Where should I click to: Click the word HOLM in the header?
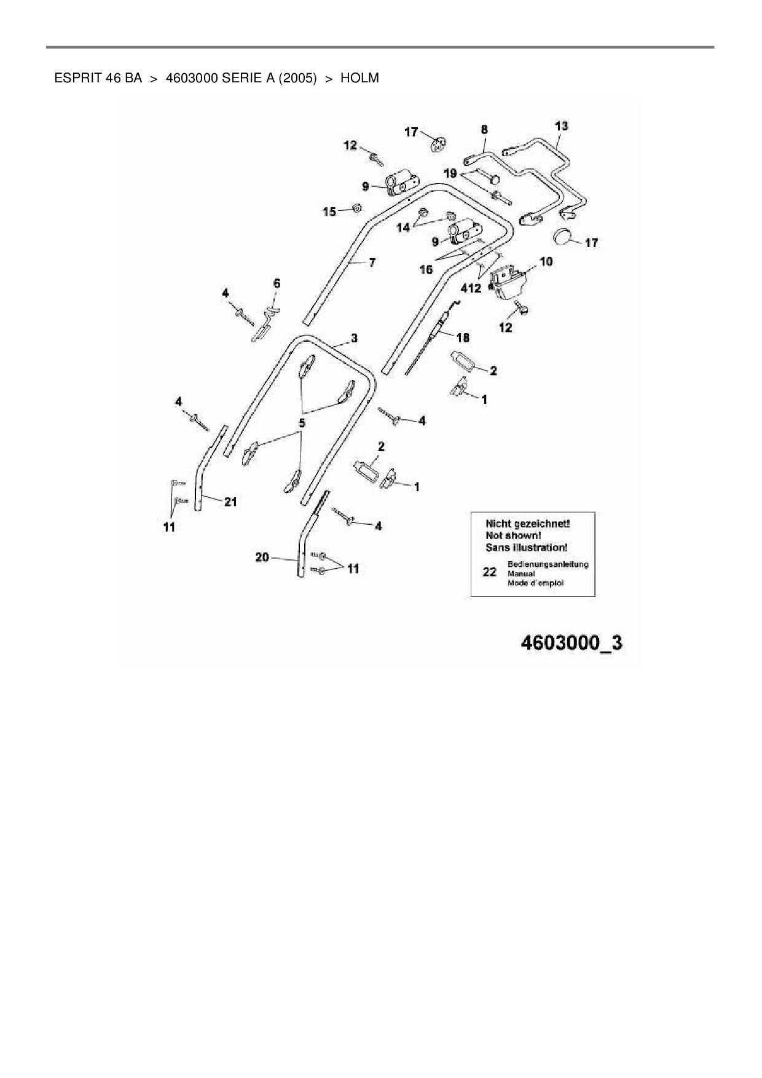(x=359, y=78)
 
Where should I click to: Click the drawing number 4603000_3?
(x=571, y=643)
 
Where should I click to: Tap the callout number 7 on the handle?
(x=372, y=262)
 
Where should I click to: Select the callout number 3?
(x=354, y=338)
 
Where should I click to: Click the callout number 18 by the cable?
(x=463, y=337)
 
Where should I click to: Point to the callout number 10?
(x=546, y=261)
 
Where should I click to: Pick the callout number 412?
(x=471, y=288)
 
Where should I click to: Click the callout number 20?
(x=262, y=557)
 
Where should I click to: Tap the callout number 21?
(x=230, y=502)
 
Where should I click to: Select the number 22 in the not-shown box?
(x=489, y=572)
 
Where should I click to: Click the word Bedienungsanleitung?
(x=548, y=564)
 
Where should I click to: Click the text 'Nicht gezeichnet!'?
(x=527, y=524)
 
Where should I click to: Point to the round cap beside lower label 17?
(x=564, y=237)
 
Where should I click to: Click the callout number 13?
(x=561, y=126)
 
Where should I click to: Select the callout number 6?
(x=277, y=283)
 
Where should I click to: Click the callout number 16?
(x=426, y=269)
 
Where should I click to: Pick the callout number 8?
(x=484, y=129)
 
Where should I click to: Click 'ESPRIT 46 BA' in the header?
(x=98, y=78)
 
